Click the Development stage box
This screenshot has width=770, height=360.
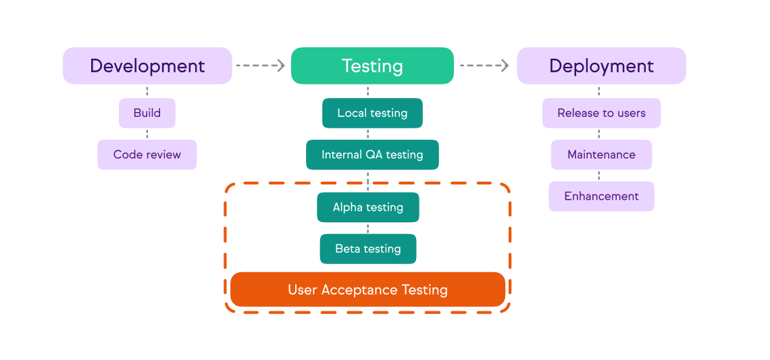pyautogui.click(x=147, y=66)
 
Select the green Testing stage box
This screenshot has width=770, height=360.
pyautogui.click(x=372, y=66)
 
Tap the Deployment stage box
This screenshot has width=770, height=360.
pyautogui.click(x=601, y=66)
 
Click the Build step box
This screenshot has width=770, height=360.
pyautogui.click(x=147, y=113)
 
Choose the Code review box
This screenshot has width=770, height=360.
pyautogui.click(x=147, y=155)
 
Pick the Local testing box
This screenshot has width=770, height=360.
pyautogui.click(x=372, y=113)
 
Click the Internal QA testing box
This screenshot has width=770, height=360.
pyautogui.click(x=372, y=155)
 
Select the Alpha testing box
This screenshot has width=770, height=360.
pyautogui.click(x=368, y=207)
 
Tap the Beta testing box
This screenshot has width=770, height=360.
pyautogui.click(x=368, y=249)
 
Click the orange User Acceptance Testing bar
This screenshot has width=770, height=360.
pyautogui.click(x=368, y=290)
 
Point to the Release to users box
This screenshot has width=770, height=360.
pyautogui.click(x=601, y=113)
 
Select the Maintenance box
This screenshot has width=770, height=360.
pyautogui.click(x=601, y=155)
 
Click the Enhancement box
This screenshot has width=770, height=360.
pyautogui.click(x=601, y=197)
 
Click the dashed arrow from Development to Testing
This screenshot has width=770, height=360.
pyautogui.click(x=261, y=66)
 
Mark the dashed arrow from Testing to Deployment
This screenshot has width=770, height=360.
pyautogui.click(x=484, y=66)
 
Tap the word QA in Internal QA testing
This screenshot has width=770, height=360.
pyautogui.click(x=374, y=155)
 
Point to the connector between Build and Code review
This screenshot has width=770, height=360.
pyautogui.click(x=147, y=134)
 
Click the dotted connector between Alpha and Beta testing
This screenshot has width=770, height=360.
pyautogui.click(x=368, y=228)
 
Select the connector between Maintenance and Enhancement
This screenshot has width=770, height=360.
pyautogui.click(x=599, y=176)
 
